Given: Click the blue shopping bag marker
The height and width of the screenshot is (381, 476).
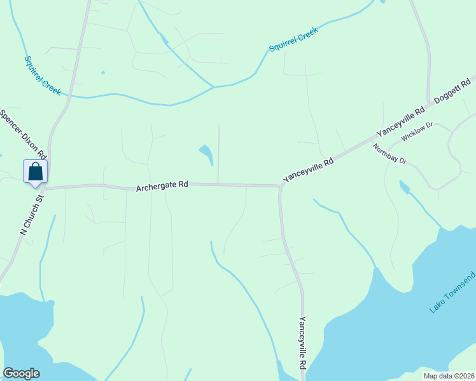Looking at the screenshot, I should point(36,172).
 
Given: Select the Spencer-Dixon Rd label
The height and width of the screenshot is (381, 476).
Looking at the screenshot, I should point(24,135).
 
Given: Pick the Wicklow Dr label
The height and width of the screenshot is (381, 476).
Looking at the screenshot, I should point(417,132).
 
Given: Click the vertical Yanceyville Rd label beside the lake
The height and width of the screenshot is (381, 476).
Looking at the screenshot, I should point(303,344).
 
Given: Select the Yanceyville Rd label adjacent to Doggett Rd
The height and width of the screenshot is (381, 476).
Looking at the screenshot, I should point(400,122).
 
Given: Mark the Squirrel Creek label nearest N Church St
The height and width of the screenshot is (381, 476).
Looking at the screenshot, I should point(43,76).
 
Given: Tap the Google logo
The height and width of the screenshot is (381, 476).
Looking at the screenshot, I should point(21,373).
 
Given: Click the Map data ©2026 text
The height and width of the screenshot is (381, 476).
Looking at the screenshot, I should point(448,376).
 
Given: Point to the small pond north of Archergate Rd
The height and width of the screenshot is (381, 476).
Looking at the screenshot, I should point(206,153).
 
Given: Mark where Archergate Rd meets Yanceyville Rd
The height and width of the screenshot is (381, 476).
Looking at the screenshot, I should point(280,186).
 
